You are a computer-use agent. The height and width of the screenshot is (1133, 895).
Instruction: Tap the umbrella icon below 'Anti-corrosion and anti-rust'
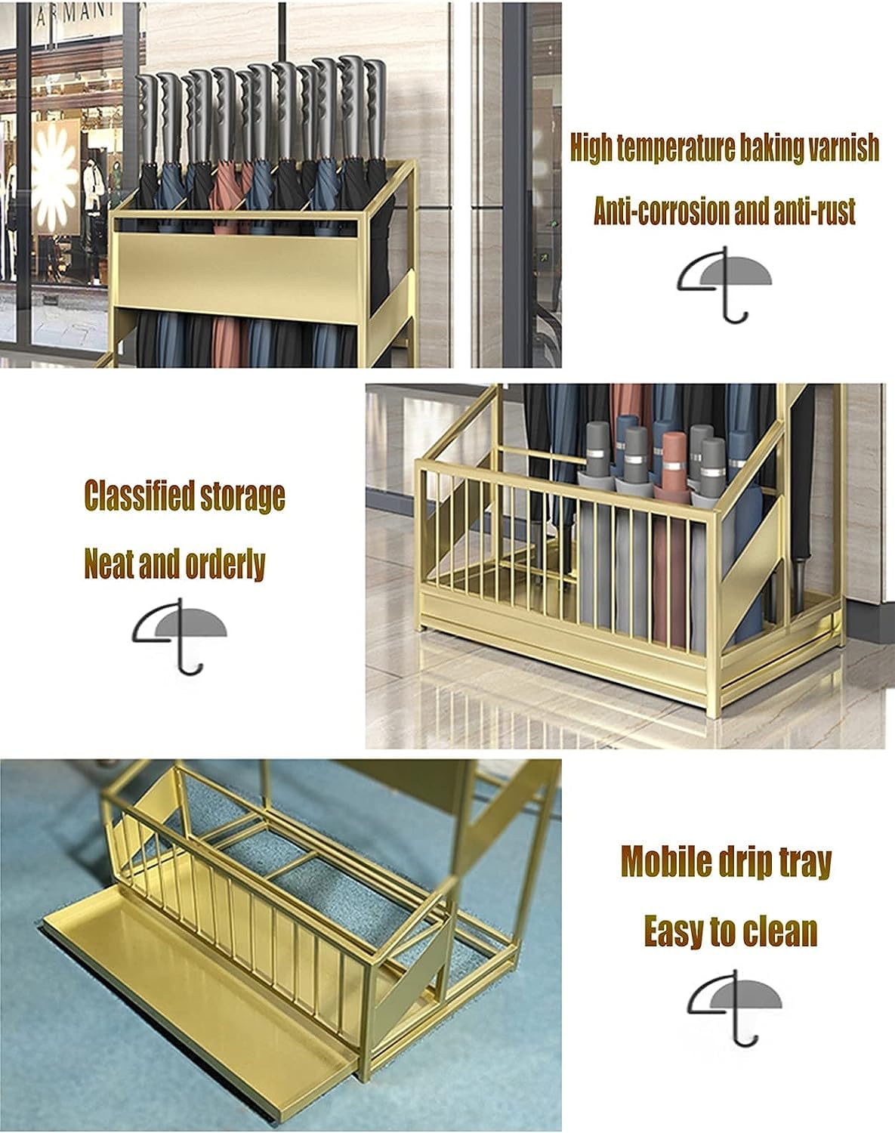click(x=724, y=284)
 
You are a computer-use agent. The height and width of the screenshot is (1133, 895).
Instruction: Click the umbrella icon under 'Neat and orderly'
click(x=179, y=636)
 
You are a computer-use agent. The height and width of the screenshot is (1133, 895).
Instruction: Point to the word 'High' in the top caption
click(x=591, y=149)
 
